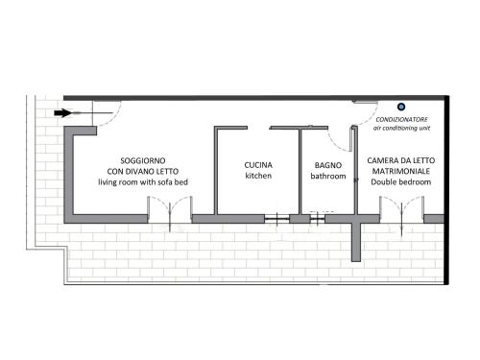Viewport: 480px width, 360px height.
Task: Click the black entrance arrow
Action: (62, 113)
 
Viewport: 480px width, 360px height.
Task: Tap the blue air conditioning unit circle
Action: (401, 107)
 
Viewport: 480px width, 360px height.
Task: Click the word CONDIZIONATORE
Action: (401, 120)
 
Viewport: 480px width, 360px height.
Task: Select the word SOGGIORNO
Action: (143, 160)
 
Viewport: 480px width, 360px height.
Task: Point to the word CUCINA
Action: (258, 165)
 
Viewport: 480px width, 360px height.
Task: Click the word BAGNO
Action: (328, 165)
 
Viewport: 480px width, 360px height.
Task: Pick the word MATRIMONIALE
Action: (401, 171)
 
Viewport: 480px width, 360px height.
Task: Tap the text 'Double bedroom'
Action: (401, 182)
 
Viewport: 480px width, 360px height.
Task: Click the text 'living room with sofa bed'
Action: (143, 182)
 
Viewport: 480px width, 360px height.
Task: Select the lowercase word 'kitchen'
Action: (258, 176)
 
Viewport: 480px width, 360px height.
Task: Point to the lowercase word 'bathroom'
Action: (328, 176)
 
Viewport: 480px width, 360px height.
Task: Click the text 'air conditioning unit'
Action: (401, 129)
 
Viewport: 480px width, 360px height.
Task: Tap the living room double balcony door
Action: (170, 209)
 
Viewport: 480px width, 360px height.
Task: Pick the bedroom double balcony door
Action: (402, 209)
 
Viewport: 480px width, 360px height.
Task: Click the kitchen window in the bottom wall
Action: (277, 219)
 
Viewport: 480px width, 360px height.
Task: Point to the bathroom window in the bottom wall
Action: (318, 219)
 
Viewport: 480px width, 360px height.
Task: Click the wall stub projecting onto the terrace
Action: (356, 242)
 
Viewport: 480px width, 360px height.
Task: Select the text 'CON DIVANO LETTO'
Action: (143, 172)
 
